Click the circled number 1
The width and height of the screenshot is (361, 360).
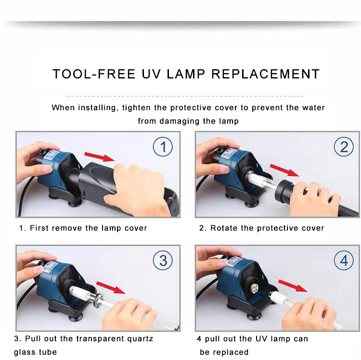click(163, 147)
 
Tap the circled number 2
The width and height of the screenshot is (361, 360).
click(344, 147)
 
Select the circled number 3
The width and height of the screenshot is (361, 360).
click(163, 260)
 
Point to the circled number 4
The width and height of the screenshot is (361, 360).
click(344, 260)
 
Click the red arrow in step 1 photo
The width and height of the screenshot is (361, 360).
click(100, 156)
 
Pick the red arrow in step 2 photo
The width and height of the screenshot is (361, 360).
click(284, 170)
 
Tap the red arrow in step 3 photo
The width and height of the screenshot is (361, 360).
click(111, 287)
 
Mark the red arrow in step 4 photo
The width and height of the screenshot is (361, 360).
click(293, 286)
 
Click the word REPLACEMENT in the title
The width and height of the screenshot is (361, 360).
click(266, 74)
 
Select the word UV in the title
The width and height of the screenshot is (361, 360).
click(151, 74)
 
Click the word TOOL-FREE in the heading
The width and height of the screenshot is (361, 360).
click(94, 74)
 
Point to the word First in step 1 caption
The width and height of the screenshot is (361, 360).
click(39, 228)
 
